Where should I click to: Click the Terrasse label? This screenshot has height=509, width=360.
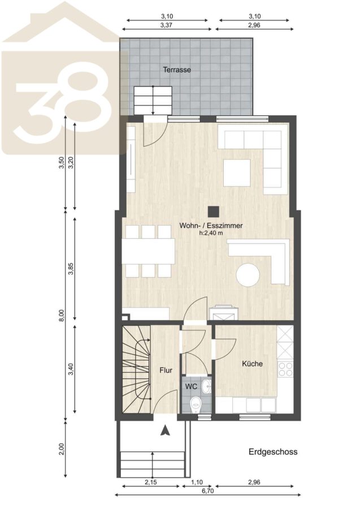tap(177, 70)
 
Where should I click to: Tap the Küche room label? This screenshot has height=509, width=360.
tap(252, 364)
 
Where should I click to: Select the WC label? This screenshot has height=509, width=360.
tap(192, 387)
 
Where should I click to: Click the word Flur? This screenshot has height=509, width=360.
tap(166, 370)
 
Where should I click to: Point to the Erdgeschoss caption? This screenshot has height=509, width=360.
tap(273, 451)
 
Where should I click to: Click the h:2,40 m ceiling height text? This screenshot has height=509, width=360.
tap(211, 233)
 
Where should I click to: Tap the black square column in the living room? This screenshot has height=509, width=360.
tap(214, 212)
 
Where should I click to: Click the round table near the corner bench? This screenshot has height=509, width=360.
tap(248, 275)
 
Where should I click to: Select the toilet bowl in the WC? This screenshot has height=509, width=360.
tap(195, 404)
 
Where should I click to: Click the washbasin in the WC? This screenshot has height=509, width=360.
tap(206, 387)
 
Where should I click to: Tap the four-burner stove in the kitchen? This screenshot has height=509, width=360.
tap(285, 369)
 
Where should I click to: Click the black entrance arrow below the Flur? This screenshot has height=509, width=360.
tap(166, 430)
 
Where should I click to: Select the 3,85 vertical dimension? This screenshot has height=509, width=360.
tap(71, 268)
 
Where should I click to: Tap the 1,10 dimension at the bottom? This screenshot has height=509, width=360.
tap(197, 482)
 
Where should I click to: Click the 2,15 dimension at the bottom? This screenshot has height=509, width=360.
tap(151, 482)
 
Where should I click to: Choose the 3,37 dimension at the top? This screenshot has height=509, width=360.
tap(166, 25)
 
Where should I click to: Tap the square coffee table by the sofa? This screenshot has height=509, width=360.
tap(237, 172)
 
